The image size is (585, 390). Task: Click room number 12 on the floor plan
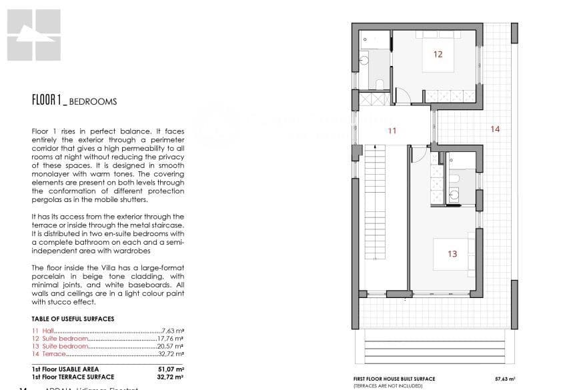pyautogui.click(x=438, y=54)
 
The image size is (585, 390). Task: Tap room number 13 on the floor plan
pyautogui.click(x=452, y=253)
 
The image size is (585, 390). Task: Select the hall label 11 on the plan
pyautogui.click(x=392, y=131)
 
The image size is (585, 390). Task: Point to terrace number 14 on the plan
pyautogui.click(x=494, y=129)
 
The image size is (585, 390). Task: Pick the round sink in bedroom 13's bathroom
pyautogui.click(x=455, y=195)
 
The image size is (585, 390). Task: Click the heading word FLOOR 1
pyautogui.click(x=47, y=101)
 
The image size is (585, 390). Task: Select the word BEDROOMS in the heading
pyautogui.click(x=93, y=102)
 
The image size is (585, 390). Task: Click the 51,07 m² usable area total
pyautogui.click(x=170, y=369)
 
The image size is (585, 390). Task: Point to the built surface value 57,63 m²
pyautogui.click(x=505, y=379)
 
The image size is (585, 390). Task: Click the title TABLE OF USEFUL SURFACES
pyautogui.click(x=73, y=319)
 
